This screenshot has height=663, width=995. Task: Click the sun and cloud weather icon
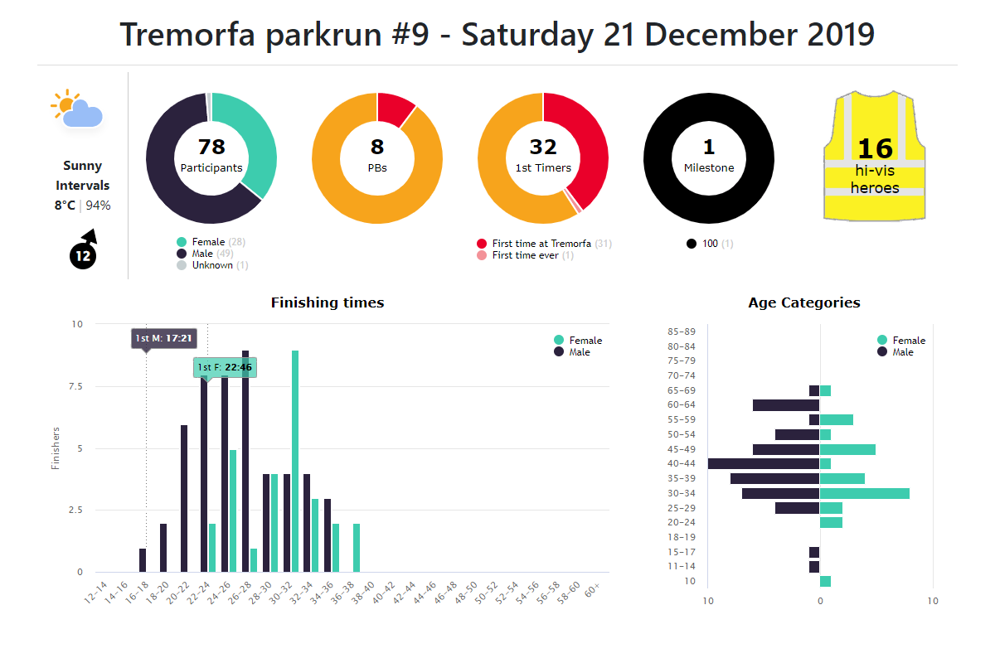coord(77,109)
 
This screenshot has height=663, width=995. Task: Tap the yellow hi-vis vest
coord(874,157)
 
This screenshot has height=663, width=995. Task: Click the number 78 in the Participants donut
coord(211,147)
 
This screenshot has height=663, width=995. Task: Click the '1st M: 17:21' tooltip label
coord(164,338)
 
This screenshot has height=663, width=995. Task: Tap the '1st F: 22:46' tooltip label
coord(224,366)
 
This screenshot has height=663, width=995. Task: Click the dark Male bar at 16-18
coord(143,559)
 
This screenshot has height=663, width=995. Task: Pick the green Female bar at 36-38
coord(357,547)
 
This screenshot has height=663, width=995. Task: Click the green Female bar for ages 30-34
coord(864,493)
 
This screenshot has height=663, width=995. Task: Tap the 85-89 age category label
coord(681,331)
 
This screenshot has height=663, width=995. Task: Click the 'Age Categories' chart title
coord(803,302)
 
